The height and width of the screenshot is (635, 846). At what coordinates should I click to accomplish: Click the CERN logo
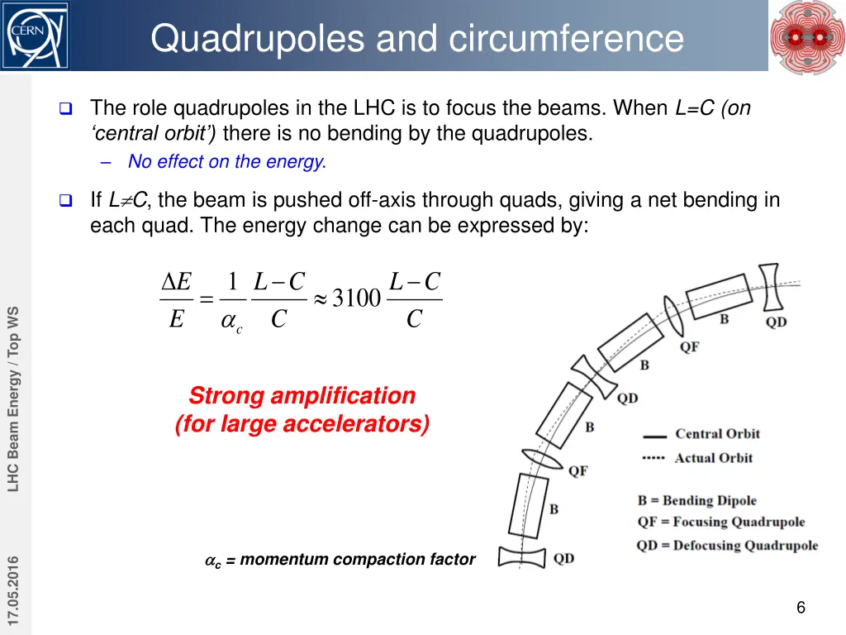[x=35, y=36]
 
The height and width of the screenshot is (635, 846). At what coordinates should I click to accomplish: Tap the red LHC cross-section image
[x=807, y=36]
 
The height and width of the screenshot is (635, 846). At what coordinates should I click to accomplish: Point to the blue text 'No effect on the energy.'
[x=227, y=162]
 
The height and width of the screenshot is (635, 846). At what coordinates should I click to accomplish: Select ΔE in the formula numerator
[x=176, y=283]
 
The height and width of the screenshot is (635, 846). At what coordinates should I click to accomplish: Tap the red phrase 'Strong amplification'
[x=302, y=395]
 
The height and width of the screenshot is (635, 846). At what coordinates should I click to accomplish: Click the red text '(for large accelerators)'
[x=302, y=424]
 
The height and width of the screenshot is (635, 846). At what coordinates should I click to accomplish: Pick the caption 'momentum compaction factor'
[x=357, y=560]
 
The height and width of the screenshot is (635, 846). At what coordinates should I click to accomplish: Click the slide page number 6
[x=801, y=609]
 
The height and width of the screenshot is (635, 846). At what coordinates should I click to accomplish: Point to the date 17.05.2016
[x=14, y=592]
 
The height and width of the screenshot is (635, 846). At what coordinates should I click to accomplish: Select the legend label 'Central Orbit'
[x=717, y=434]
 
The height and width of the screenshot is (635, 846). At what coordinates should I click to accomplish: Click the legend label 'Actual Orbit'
[x=714, y=458]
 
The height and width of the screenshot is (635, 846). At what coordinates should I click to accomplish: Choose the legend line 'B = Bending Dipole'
[x=696, y=500]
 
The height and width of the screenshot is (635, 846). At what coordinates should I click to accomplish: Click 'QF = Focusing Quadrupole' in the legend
[x=720, y=522]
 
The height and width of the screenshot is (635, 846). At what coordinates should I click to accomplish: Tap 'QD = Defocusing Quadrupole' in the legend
[x=727, y=545]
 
